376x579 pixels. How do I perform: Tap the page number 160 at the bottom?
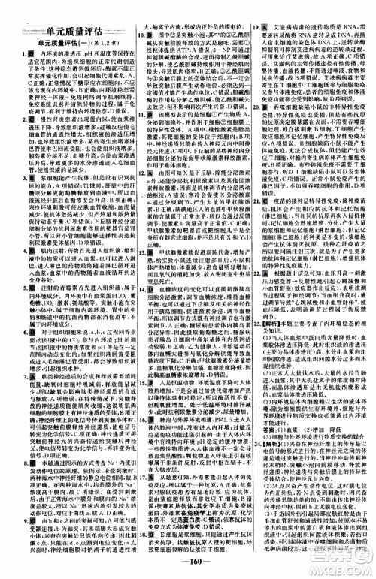(187, 563)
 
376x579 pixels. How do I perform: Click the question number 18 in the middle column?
(138, 525)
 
